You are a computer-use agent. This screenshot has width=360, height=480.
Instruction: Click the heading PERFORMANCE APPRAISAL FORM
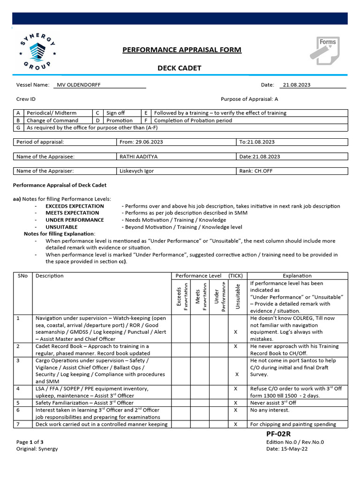coord(182,50)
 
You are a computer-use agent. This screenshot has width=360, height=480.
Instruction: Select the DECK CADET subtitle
coord(179,68)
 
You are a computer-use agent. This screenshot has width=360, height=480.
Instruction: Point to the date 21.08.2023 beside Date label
coord(297,85)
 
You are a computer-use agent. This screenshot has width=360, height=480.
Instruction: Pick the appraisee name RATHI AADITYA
coord(136,157)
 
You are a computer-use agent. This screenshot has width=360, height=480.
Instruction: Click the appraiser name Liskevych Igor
coord(137,171)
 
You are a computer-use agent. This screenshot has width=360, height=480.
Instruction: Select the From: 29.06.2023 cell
coord(142,142)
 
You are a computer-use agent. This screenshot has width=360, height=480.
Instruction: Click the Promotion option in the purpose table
coord(120,120)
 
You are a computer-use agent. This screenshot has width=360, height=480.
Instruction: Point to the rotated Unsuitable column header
coord(237,296)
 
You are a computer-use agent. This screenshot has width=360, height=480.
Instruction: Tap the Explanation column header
coord(297,276)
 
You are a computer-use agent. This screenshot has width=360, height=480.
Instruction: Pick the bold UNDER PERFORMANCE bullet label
coord(75,220)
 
